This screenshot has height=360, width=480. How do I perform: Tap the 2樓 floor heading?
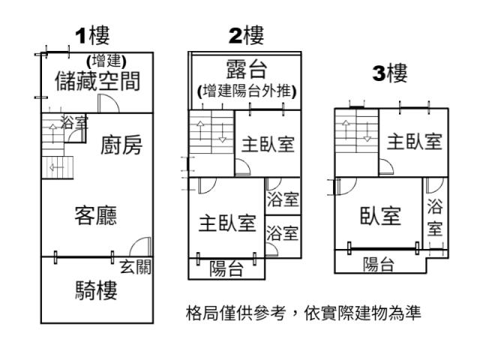coord(247,34)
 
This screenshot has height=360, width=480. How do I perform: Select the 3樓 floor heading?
coord(390,73)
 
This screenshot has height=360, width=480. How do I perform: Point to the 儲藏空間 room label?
coord(97,81)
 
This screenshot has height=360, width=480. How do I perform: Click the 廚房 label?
coord(121,145)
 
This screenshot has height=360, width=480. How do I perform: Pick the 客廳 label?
coord(95,214)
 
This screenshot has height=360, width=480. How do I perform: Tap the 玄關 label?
coord(135,267)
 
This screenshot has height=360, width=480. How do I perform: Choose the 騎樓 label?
coord(96,289)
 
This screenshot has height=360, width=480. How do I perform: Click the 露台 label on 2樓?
coord(247,70)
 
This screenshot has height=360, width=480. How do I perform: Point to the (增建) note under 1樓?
coord(106,61)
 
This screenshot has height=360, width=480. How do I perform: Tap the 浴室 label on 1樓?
coord(73,122)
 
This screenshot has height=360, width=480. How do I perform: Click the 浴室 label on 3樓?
coord(434,217)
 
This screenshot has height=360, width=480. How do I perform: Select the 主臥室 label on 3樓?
coord(414,142)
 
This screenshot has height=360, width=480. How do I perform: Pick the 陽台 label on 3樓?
coord(379,263)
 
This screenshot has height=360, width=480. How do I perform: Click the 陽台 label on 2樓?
coord(226,268)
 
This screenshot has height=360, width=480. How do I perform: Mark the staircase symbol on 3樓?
coord(355,136)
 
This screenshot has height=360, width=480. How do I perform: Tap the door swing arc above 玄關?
coord(140,246)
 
